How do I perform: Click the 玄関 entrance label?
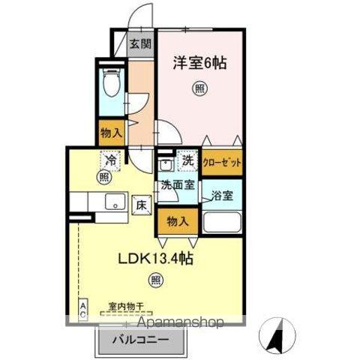tap(140, 43)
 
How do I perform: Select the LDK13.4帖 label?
tap(155, 259)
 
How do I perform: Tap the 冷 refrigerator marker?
tap(111, 160)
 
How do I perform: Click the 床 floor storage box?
tap(139, 203)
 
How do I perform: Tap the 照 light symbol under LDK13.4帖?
tap(154, 281)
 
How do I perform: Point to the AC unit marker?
tap(83, 310)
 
